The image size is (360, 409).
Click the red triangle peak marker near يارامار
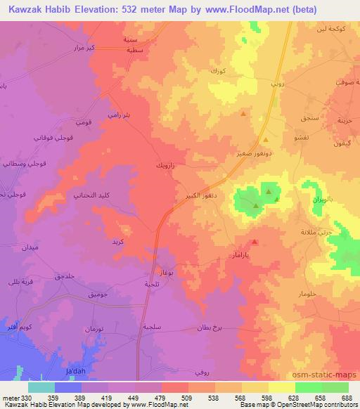(255, 242)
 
